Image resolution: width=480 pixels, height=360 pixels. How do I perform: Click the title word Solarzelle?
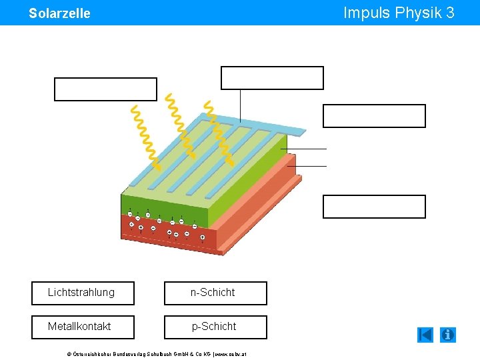click(59, 13)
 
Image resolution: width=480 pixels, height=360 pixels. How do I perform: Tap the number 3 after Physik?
click(451, 13)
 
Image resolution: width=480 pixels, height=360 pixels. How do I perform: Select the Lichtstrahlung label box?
click(83, 293)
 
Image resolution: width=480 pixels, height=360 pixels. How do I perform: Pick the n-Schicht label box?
click(215, 293)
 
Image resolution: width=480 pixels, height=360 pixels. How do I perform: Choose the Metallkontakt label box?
click(83, 327)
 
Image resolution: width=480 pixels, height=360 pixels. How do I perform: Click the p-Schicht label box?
click(215, 327)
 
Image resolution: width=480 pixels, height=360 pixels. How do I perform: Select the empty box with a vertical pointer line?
click(272, 78)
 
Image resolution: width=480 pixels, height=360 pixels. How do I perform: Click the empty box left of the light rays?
click(105, 89)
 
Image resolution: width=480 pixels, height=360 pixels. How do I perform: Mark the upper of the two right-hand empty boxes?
click(374, 116)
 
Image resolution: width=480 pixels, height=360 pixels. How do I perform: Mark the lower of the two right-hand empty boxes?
click(374, 207)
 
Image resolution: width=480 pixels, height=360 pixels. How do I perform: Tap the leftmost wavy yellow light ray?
click(145, 137)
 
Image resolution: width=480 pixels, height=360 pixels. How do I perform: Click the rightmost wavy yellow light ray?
click(219, 132)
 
